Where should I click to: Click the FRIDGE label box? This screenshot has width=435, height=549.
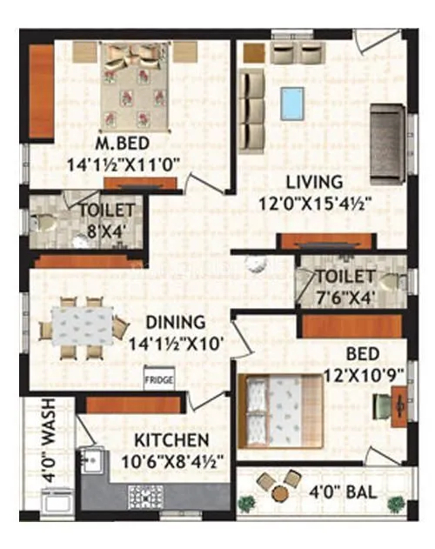coord(159,380)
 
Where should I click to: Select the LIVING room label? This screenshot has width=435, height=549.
coord(313,182)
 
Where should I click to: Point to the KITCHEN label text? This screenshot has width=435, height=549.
coord(172,440)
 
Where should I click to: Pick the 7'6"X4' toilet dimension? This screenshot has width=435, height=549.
coord(344,298)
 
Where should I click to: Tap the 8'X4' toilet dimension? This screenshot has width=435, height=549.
coord(106,231)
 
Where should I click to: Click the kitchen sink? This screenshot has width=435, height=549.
coord(90,459)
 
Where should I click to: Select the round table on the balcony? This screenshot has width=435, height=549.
coord(278,493)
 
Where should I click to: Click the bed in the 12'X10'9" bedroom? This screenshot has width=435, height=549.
coord(279,407)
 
